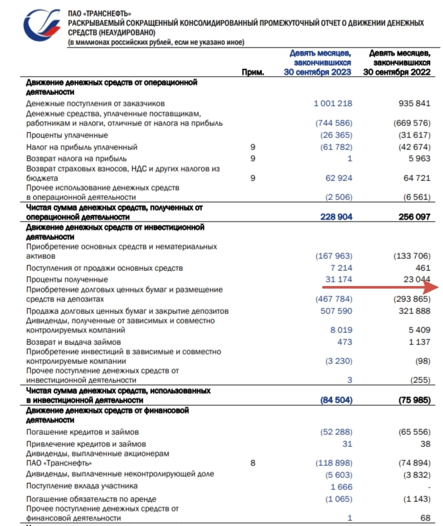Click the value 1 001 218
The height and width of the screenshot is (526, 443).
pyautogui.click(x=332, y=103)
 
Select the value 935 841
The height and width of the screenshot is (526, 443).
pyautogui.click(x=411, y=103)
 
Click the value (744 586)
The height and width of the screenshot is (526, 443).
pyautogui.click(x=334, y=123)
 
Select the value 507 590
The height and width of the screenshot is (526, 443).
pyautogui.click(x=336, y=311)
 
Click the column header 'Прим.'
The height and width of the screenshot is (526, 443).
pyautogui.click(x=253, y=72)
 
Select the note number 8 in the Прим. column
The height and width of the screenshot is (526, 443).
pyautogui.click(x=253, y=463)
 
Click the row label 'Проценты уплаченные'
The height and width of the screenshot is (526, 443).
pyautogui.click(x=67, y=135)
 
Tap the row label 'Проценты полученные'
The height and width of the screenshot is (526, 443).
pyautogui.click(x=68, y=279)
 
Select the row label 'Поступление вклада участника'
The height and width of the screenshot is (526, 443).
pyautogui.click(x=82, y=486)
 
